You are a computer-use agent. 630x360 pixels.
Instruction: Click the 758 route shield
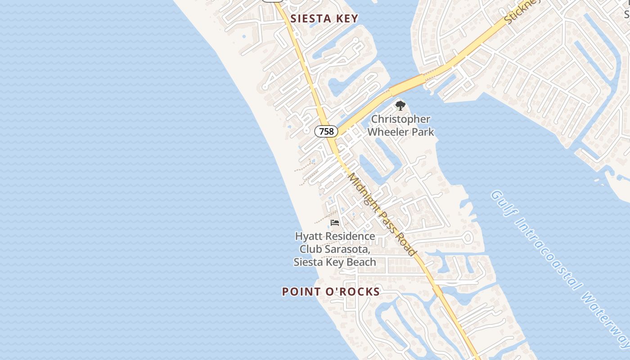[x=326, y=131]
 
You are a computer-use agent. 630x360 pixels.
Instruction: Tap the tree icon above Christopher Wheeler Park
[x=400, y=106]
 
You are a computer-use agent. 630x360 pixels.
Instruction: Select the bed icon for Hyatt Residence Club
[x=335, y=223]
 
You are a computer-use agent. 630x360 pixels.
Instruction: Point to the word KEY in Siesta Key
[x=346, y=18]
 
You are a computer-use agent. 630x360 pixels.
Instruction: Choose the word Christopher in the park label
[x=400, y=120]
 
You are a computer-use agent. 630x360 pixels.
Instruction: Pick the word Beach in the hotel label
[x=360, y=262]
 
